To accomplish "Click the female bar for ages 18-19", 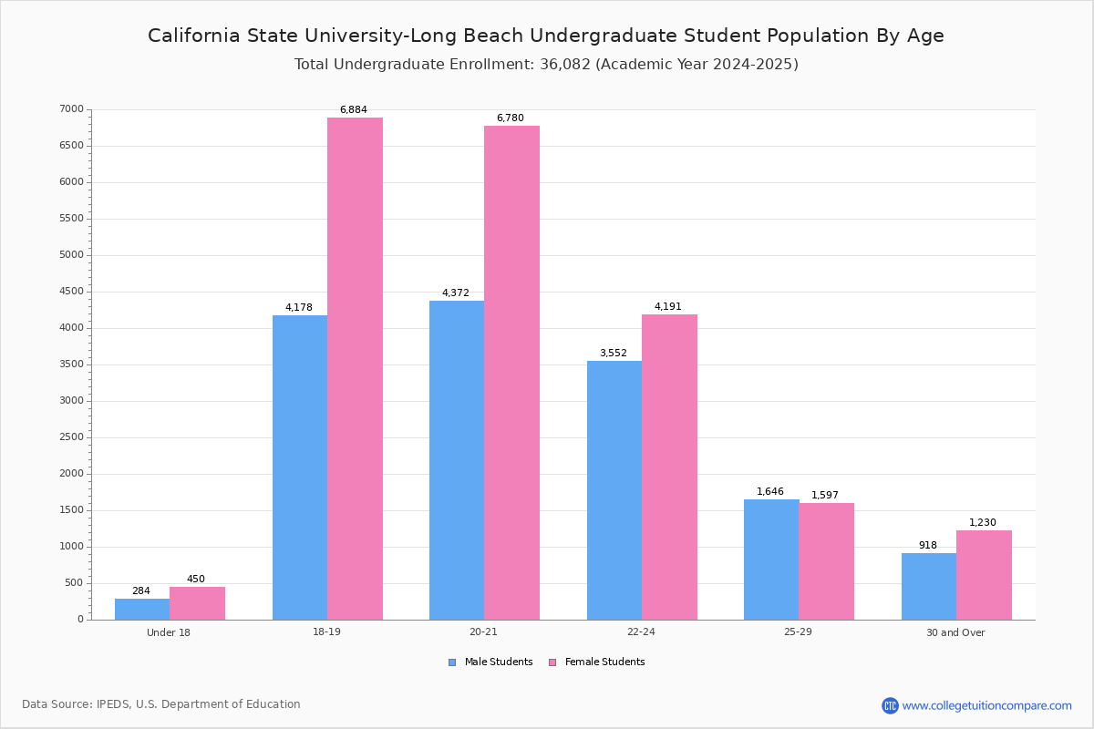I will [x=355, y=368].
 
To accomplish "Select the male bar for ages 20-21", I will [x=457, y=460].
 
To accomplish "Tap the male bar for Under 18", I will [x=142, y=609].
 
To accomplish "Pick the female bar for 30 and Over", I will [x=984, y=575].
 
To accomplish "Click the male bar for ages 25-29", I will [x=771, y=560].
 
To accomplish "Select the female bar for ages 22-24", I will [x=669, y=467].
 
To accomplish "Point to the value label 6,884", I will [x=354, y=110].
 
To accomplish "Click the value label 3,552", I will [x=614, y=354].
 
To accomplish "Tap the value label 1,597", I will [x=825, y=496].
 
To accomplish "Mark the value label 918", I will [x=928, y=546].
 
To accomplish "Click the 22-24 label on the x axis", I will [x=641, y=632].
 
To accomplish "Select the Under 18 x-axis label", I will [x=169, y=632].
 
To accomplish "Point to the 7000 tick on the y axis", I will [x=72, y=109].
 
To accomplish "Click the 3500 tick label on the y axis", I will [x=72, y=364].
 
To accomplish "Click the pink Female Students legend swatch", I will [x=552, y=662].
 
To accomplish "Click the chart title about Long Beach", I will [x=546, y=36].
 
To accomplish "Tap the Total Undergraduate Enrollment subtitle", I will [x=546, y=65].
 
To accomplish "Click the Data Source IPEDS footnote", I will [x=161, y=704].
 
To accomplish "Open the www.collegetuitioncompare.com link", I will [x=986, y=705].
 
